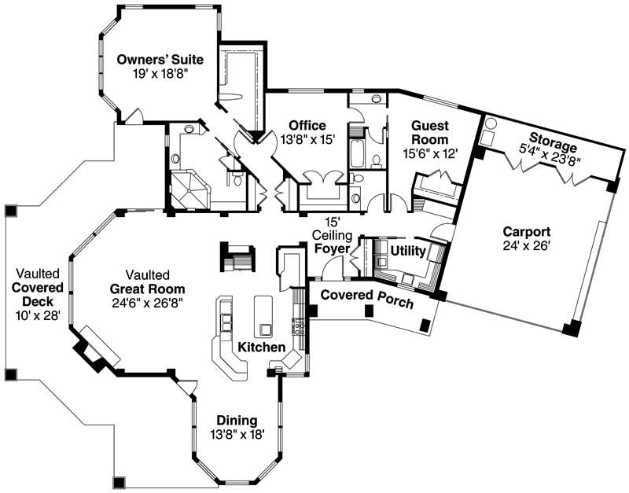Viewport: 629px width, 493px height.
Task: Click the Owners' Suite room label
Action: [x=160, y=59]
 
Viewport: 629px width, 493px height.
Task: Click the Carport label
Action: [x=527, y=232]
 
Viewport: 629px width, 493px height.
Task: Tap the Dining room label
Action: [x=237, y=421]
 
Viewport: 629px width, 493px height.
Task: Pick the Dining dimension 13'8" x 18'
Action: [x=237, y=433]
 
